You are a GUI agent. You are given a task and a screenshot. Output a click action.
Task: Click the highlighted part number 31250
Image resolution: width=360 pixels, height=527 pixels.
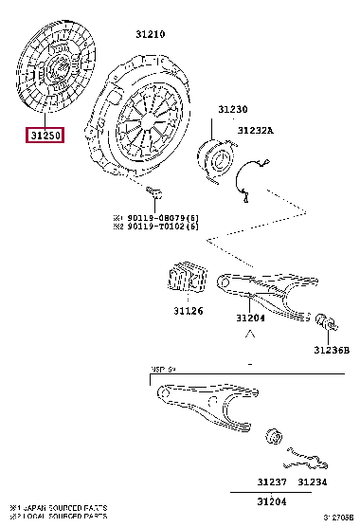pyautogui.click(x=45, y=135)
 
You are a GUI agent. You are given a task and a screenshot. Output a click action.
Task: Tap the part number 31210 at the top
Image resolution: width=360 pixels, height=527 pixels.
pyautogui.click(x=150, y=33)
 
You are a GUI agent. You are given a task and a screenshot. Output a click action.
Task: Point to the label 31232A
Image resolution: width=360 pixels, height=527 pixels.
pyautogui.click(x=255, y=130)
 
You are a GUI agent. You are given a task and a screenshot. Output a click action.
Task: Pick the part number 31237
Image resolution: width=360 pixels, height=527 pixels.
pyautogui.click(x=272, y=482)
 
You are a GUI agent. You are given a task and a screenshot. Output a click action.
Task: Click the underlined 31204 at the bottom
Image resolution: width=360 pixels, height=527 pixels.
pyautogui.click(x=272, y=500)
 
